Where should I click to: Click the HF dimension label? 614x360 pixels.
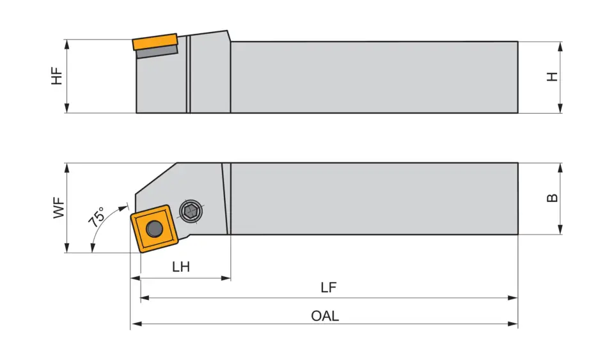tap(58, 76)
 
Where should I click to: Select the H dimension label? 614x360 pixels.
tap(552, 77)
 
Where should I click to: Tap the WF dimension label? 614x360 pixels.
tap(59, 208)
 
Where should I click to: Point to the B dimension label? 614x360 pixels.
tap(552, 198)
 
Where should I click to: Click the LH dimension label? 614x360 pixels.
tap(181, 267)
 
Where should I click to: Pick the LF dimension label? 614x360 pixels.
tap(328, 287)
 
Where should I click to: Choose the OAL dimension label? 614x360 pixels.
tap(325, 316)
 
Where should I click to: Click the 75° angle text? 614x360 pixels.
tap(97, 218)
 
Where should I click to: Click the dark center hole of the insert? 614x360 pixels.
tap(153, 228)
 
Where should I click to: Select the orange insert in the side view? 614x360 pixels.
tap(155, 42)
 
